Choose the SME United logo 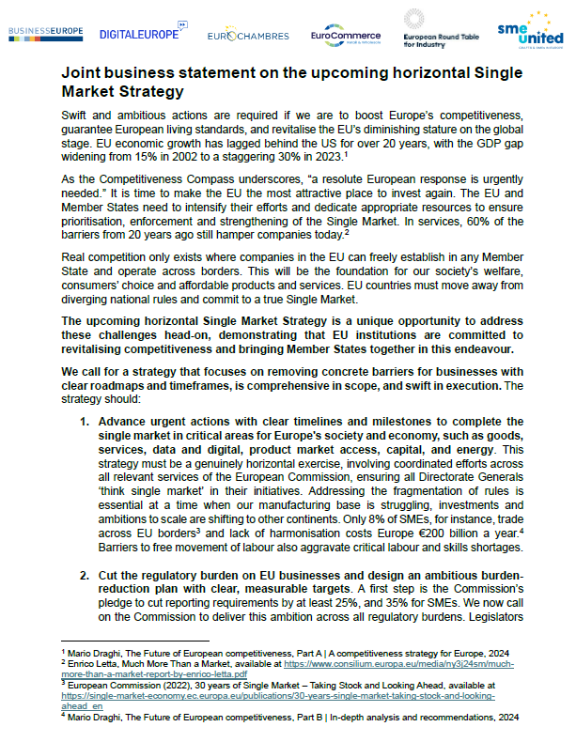pyautogui.click(x=530, y=30)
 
